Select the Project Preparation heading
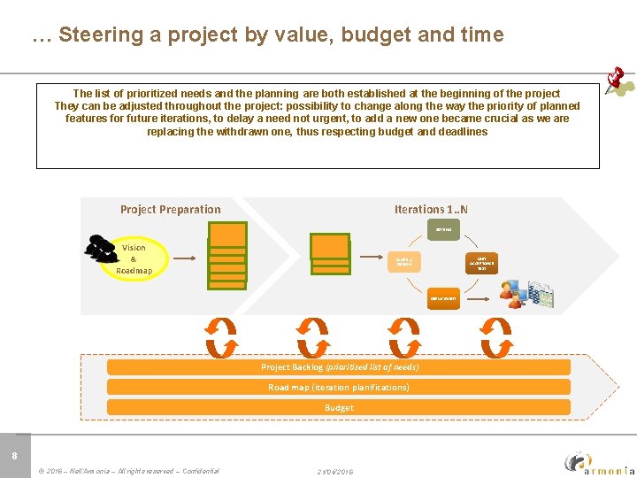pos(171,210)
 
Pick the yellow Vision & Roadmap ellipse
pos(134,258)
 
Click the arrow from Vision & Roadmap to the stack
pos(184,258)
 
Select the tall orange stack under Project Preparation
pos(227,255)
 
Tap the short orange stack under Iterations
pos(330,251)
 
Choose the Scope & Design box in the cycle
pos(404,260)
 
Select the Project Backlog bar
pos(339,366)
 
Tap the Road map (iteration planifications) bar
pos(339,387)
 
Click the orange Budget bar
pos(339,407)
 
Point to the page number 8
pos(14,456)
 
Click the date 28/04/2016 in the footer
pos(335,472)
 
